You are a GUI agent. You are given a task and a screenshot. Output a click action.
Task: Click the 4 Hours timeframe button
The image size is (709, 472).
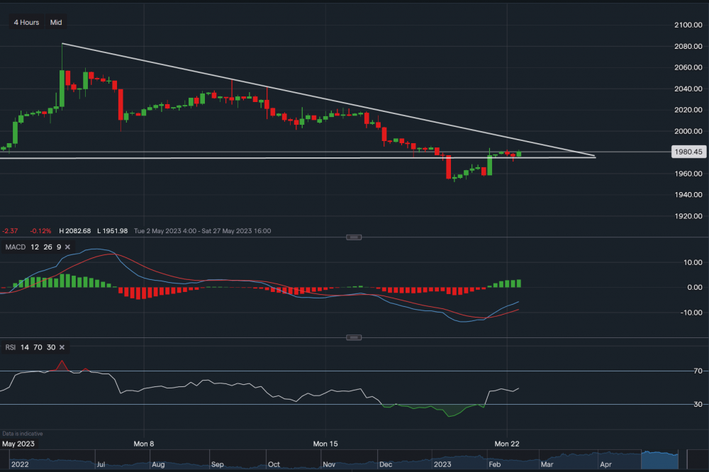[x=26, y=23]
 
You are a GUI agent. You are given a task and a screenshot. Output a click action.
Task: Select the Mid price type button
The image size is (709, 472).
[x=56, y=23]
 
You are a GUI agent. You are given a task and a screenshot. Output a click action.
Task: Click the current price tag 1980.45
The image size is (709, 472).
[x=688, y=152]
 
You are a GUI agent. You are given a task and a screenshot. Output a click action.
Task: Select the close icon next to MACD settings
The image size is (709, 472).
[x=68, y=247]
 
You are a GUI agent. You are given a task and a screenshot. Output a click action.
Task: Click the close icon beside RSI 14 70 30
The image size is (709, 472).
[x=62, y=347]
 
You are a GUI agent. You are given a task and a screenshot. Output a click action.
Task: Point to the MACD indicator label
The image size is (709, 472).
[x=15, y=247]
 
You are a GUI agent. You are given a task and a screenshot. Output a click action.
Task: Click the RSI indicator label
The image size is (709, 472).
[x=10, y=347]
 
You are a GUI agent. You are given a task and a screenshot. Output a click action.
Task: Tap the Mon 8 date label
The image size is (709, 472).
[x=144, y=444]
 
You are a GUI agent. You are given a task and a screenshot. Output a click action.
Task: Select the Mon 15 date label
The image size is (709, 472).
[x=325, y=444]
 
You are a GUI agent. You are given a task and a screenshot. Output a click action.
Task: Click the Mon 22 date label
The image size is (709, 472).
[x=507, y=444]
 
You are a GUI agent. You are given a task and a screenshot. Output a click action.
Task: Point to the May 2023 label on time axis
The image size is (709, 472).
[x=19, y=444]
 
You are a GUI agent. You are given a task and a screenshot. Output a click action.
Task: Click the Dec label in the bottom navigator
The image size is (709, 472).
[x=386, y=465]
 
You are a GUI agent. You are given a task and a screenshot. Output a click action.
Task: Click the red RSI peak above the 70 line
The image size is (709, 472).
[x=62, y=364]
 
